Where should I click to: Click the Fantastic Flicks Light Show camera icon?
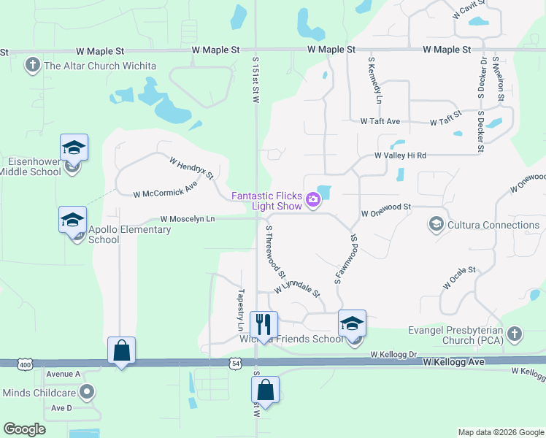[313, 199]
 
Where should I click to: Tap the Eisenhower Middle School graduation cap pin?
[74, 148]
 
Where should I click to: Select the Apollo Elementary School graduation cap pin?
[73, 220]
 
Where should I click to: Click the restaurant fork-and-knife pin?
[264, 324]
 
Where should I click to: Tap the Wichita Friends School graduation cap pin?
[352, 323]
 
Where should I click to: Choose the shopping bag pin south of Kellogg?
[266, 391]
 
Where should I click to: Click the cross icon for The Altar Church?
[32, 66]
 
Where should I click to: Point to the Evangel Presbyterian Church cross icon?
[515, 334]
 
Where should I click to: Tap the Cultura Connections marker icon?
[437, 224]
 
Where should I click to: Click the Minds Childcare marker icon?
[87, 392]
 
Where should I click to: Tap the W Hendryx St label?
[191, 168]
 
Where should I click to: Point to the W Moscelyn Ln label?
[188, 219]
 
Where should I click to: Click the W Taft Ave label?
[380, 121]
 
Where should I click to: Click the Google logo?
[25, 429]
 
